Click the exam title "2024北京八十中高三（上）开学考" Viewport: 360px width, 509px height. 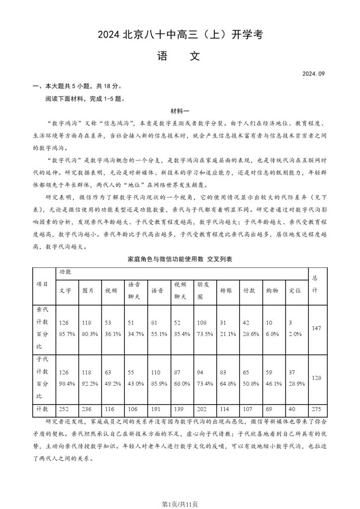click(180, 35)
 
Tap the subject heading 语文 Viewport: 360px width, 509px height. click(180, 56)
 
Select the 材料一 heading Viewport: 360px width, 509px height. click(180, 110)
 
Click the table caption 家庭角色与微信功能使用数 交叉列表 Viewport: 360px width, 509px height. click(180, 260)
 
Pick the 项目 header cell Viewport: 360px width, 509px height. click(43, 284)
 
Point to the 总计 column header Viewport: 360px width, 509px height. click(314, 284)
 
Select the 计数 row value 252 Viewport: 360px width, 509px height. click(65, 409)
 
